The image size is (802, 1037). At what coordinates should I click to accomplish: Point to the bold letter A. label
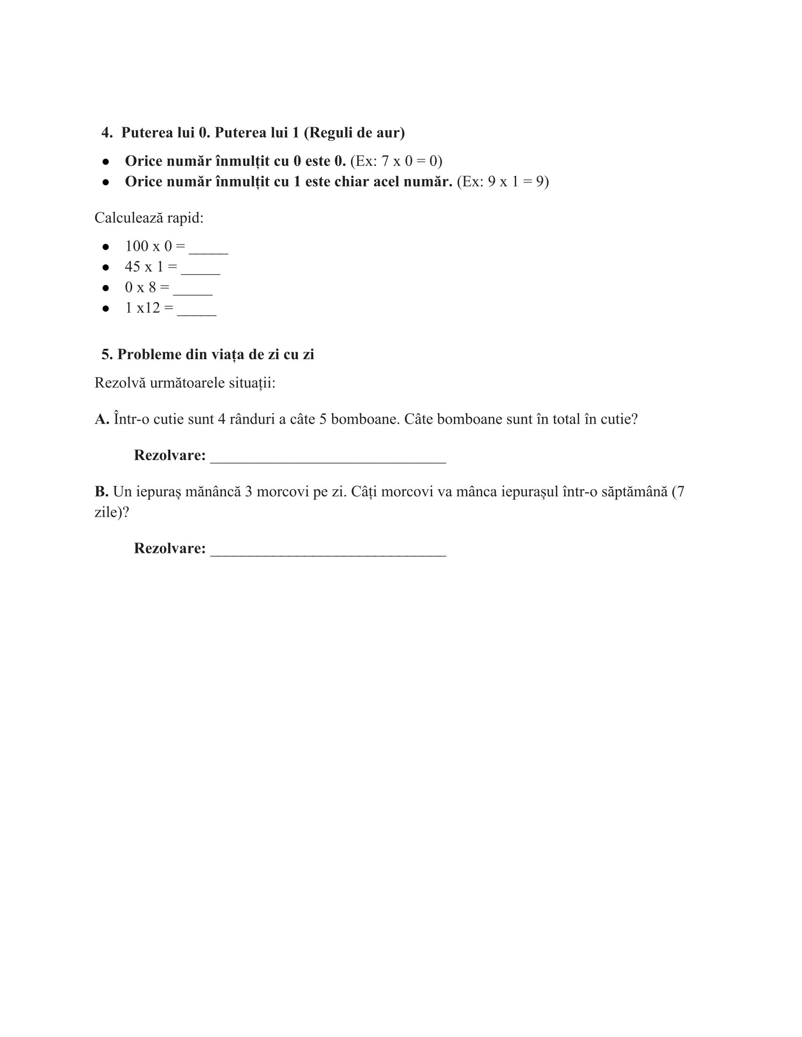[x=102, y=419]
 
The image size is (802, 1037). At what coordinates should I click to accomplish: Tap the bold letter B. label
[x=101, y=492]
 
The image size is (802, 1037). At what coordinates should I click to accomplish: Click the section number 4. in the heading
[x=107, y=132]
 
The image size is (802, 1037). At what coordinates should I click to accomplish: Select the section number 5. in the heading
[x=107, y=354]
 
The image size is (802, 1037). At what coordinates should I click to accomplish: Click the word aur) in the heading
[x=390, y=132]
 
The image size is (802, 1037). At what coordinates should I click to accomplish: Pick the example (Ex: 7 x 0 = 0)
[x=396, y=161]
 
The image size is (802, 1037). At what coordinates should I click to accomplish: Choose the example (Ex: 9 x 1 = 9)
[x=503, y=181]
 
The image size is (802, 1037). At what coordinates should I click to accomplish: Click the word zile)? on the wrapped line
[x=112, y=512]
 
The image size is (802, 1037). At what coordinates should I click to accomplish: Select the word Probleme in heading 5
[x=149, y=354]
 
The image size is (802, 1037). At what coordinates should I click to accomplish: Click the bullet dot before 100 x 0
[x=106, y=247]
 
